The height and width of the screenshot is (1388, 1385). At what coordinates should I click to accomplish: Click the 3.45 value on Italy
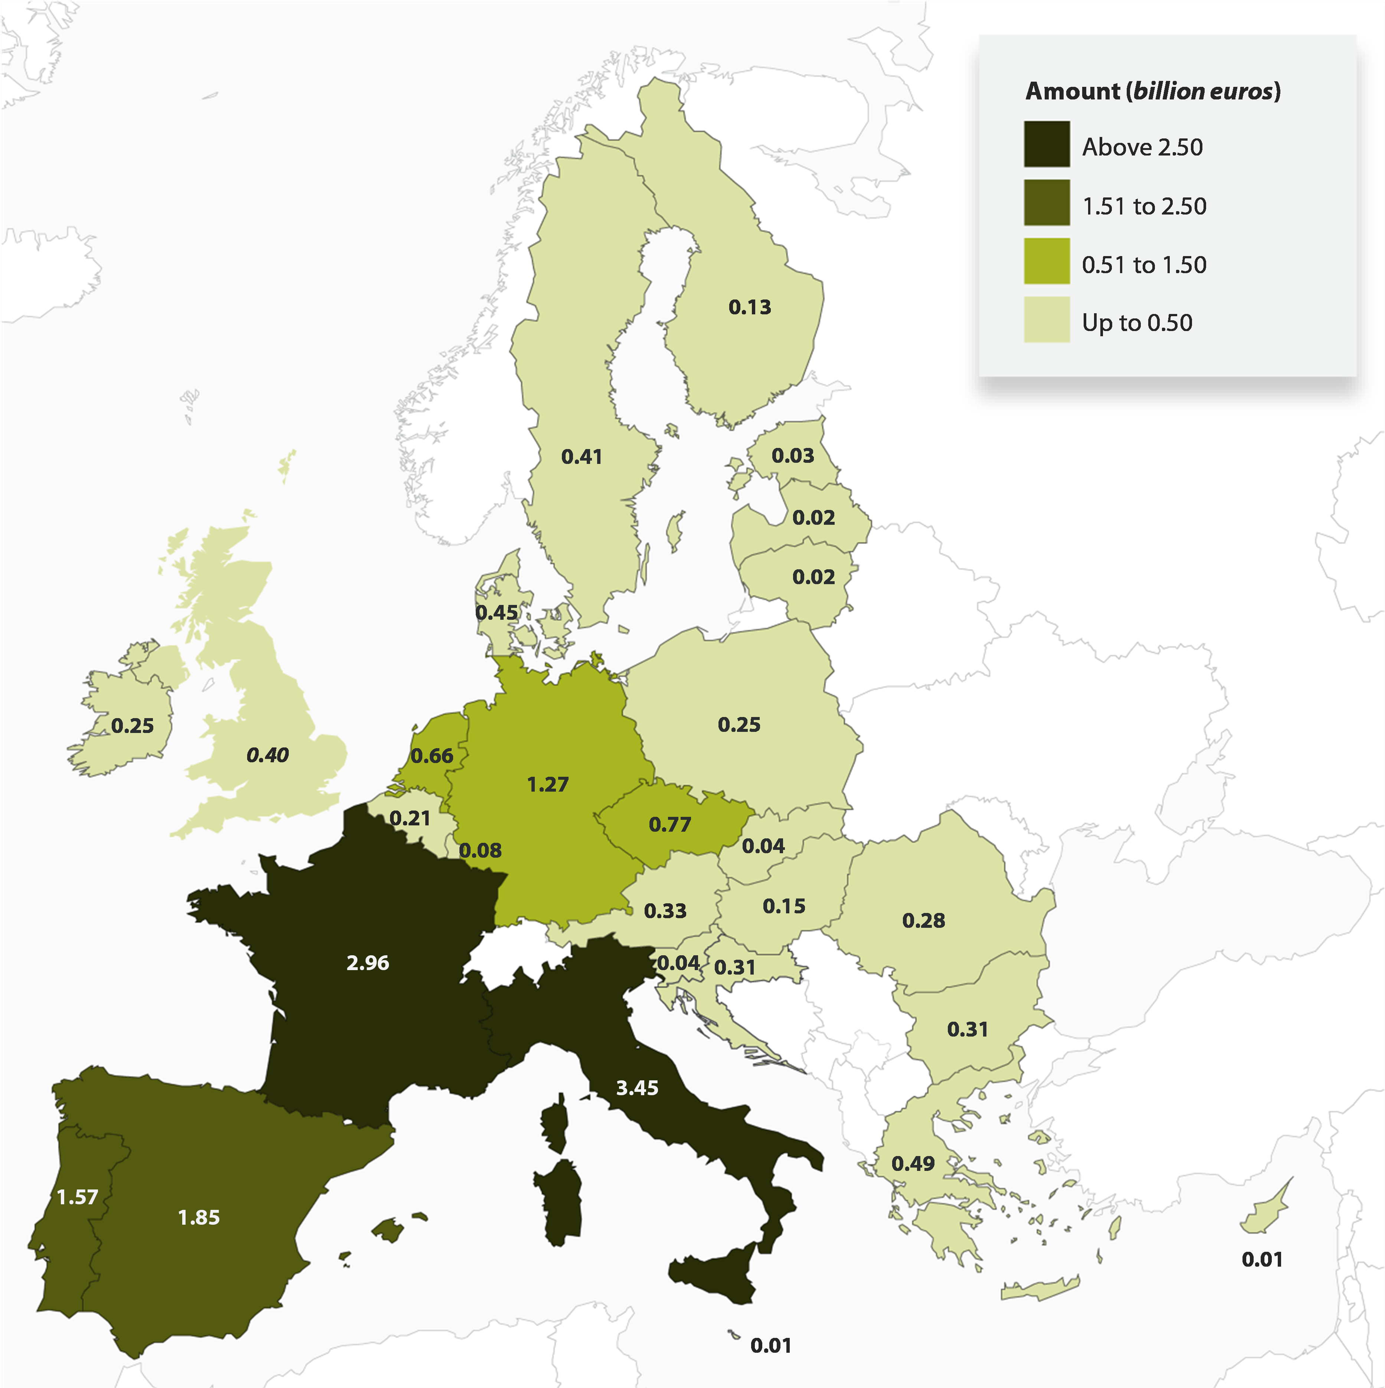[x=636, y=1088]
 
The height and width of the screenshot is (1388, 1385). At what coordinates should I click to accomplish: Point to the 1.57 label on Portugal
[x=77, y=1197]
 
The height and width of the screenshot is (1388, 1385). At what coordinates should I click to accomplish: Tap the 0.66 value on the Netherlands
[x=432, y=756]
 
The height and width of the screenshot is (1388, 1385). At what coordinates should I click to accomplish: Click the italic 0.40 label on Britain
[x=267, y=755]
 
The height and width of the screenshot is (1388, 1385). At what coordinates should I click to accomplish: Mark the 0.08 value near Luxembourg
[x=480, y=851]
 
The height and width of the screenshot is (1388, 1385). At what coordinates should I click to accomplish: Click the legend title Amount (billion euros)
[x=1152, y=91]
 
